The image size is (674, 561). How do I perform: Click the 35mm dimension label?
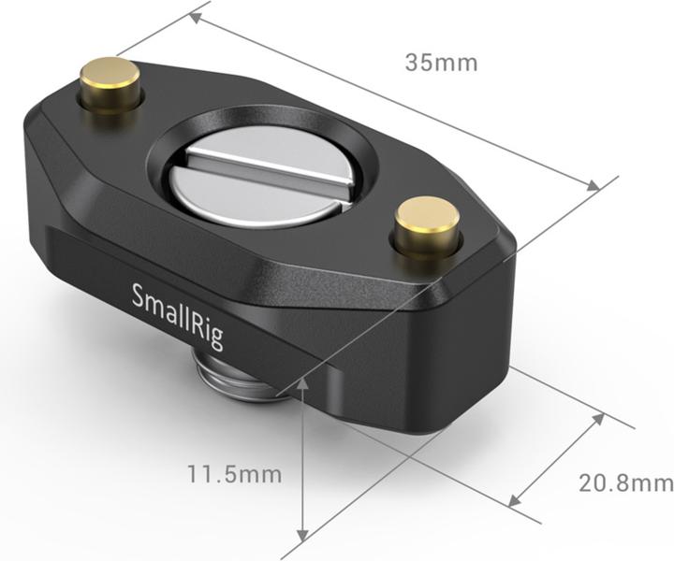(441, 63)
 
